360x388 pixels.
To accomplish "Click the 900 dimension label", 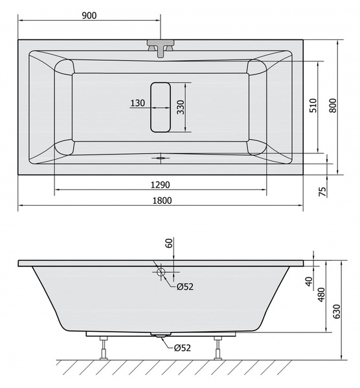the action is pyautogui.click(x=89, y=16).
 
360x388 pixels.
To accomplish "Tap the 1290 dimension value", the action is pyautogui.click(x=161, y=185).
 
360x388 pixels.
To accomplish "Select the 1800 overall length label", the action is pyautogui.click(x=162, y=200).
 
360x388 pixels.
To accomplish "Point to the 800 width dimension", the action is pyautogui.click(x=333, y=105).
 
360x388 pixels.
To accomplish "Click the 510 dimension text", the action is pyautogui.click(x=313, y=105).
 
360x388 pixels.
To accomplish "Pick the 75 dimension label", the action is pyautogui.click(x=322, y=191).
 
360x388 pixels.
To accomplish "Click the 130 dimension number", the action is pyautogui.click(x=137, y=103).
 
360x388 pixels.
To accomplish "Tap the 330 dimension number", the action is pyautogui.click(x=181, y=107).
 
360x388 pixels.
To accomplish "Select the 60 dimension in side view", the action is pyautogui.click(x=169, y=243).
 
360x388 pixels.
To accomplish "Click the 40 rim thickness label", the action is pyautogui.click(x=309, y=281).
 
